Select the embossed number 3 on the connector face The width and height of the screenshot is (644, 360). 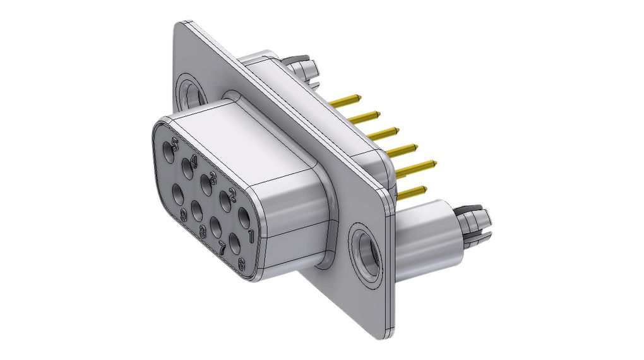click(x=213, y=177)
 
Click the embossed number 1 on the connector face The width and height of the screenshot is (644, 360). click(x=250, y=236)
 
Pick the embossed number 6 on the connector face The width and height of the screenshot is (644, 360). click(x=241, y=265)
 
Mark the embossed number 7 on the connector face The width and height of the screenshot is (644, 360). click(x=222, y=248)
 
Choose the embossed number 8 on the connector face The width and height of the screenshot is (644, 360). click(x=203, y=231)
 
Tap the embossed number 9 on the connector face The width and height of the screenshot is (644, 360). click(x=184, y=215)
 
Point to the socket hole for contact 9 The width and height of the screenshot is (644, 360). click(x=177, y=190)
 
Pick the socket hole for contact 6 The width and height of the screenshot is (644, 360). click(x=234, y=243)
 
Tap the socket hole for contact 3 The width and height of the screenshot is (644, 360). click(x=206, y=184)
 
